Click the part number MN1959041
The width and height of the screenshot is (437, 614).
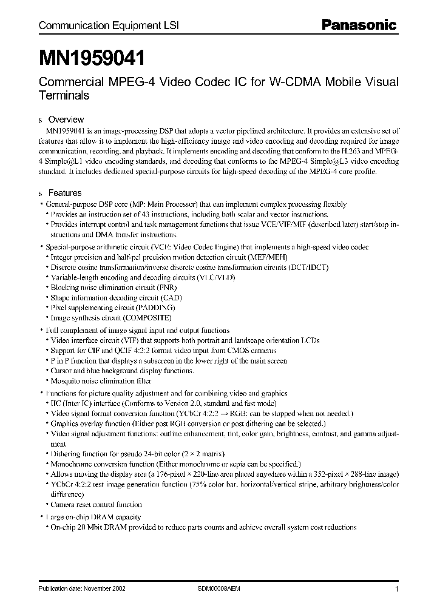pos(92,58)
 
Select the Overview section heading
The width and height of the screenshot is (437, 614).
pos(66,120)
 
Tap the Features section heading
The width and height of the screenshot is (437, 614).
pos(65,193)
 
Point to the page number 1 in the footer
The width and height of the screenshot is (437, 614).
pos(396,589)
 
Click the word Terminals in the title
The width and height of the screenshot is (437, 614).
pos(64,96)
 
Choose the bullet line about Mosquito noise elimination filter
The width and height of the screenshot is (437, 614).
pos(101,381)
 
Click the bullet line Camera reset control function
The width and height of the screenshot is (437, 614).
pos(96,504)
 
